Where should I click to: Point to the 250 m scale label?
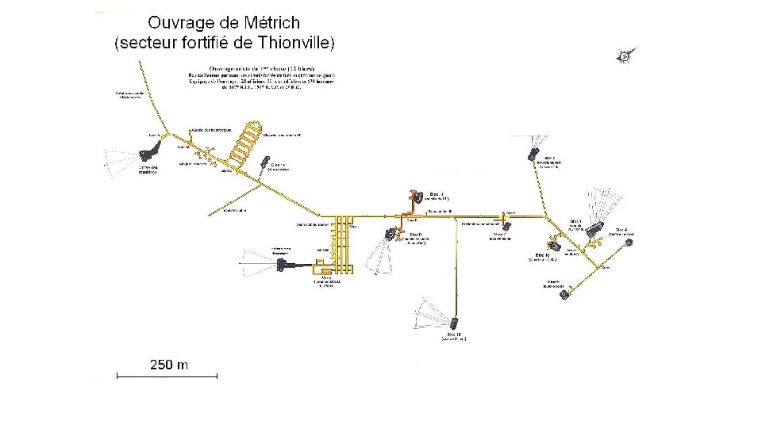coord(169,365)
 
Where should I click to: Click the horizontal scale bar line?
coord(167,376)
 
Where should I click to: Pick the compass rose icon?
coord(627,55)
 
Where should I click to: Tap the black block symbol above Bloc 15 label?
coord(454,323)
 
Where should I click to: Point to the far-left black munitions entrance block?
coord(148,155)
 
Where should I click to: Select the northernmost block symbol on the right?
coord(534,156)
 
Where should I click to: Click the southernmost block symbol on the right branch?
coord(564,295)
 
